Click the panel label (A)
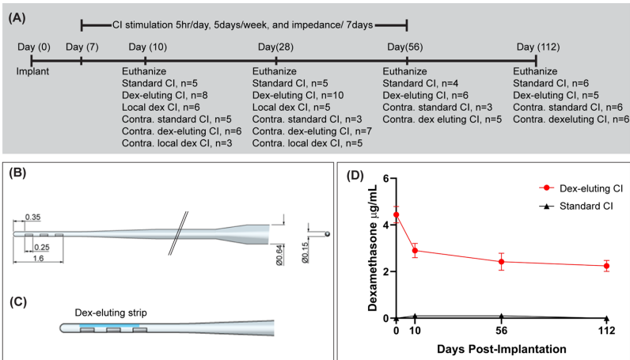tap(21, 13)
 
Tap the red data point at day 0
tap(397, 214)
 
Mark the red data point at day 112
tap(606, 266)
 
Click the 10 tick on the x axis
tap(415, 330)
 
